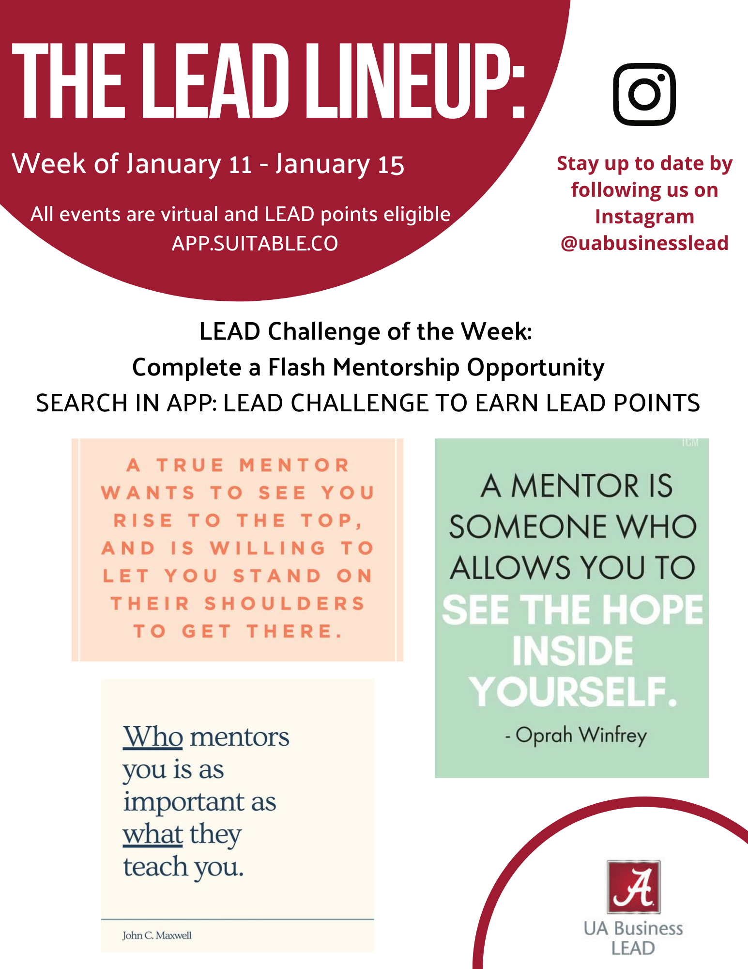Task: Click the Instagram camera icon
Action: click(644, 94)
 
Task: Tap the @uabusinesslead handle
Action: click(644, 243)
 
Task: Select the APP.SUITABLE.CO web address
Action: click(255, 243)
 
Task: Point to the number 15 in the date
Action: click(391, 165)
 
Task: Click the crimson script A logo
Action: click(634, 887)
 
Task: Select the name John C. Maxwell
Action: click(157, 935)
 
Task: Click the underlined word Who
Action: click(153, 736)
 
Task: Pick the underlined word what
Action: click(153, 834)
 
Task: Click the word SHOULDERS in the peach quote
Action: click(285, 604)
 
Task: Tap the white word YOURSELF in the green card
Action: click(573, 692)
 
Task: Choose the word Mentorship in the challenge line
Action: click(396, 367)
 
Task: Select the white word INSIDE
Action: click(573, 651)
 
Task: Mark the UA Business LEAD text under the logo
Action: click(633, 938)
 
